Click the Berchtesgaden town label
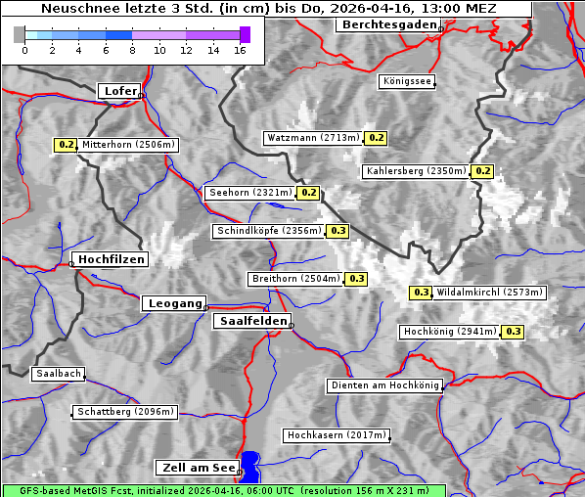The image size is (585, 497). coord(387,24)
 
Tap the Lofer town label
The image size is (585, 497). coord(119,91)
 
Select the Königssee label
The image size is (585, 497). coord(407,82)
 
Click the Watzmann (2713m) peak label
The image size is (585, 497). coord(313,138)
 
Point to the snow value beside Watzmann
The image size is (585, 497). coord(376,138)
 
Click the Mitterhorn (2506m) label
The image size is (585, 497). coord(129,145)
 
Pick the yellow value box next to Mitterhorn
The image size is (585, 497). coord(66,145)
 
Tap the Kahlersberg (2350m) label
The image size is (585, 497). coord(416,171)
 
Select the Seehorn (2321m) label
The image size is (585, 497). coord(250,193)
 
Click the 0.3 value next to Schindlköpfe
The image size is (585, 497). coord(337,231)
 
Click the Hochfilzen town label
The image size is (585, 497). coord(111,259)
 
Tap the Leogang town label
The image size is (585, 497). coord(175,303)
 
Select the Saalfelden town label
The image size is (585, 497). coord(251,321)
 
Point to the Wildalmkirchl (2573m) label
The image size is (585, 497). coord(489,293)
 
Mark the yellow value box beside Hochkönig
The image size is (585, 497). coord(514,332)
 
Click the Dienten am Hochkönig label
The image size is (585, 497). coord(384,386)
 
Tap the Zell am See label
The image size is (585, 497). coord(197,468)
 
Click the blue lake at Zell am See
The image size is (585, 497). coord(251,466)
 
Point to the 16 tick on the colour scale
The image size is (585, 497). coord(241,50)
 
